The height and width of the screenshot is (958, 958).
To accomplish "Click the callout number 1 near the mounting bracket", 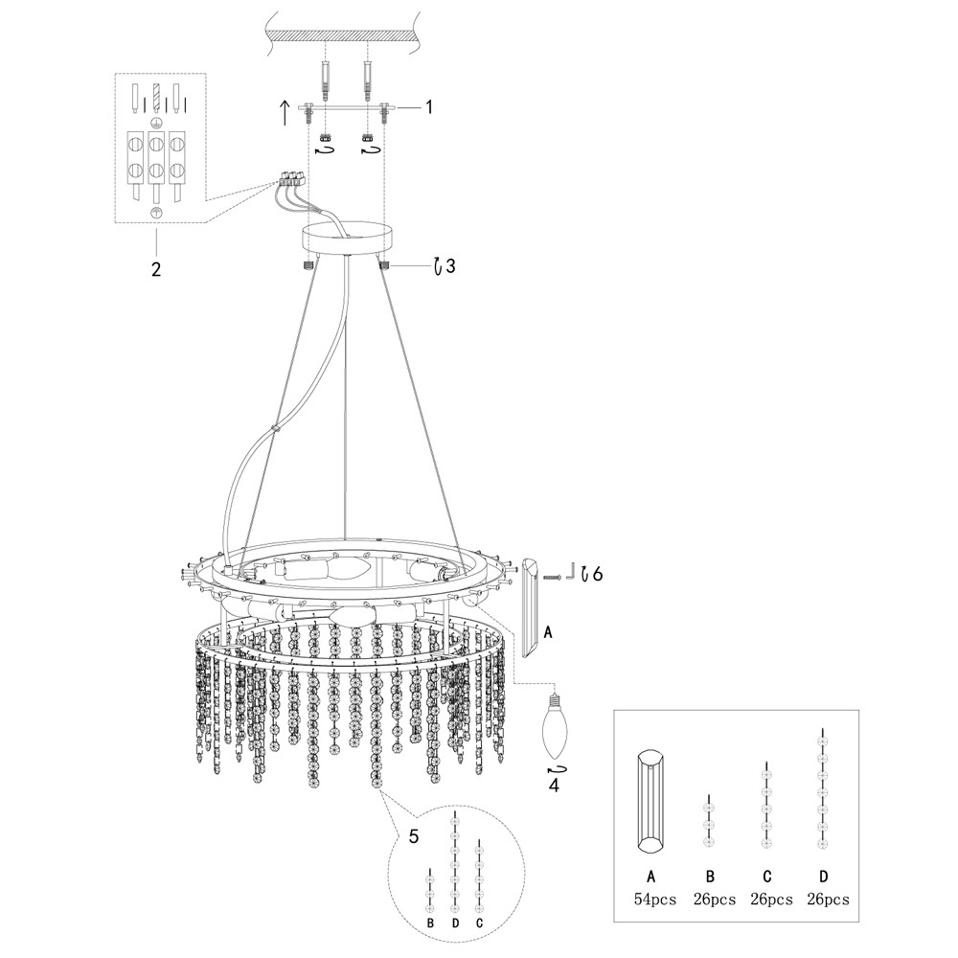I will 429,107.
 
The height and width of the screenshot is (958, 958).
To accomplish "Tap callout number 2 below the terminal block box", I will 155,269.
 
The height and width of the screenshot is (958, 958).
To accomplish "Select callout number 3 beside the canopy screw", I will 449,266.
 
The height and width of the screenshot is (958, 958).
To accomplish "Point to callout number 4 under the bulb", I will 554,786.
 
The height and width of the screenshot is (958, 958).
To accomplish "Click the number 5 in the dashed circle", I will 414,836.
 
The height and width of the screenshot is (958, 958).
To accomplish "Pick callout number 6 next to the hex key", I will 598,574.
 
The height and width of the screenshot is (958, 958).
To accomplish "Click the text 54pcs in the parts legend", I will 655,900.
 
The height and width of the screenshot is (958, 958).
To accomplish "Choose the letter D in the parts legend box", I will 824,876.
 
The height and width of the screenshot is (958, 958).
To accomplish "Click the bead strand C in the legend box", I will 765,806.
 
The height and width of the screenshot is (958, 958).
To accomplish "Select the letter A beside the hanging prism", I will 547,632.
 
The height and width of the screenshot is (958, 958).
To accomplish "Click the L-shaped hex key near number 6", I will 568,573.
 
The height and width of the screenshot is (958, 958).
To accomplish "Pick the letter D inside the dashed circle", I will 455,923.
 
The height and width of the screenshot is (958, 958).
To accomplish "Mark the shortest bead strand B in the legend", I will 708,821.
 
